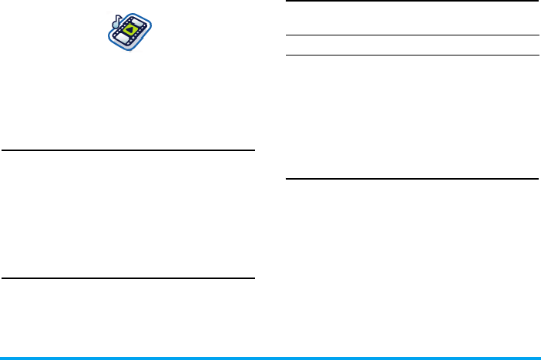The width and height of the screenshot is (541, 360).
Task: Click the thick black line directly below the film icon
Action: pyautogui.click(x=128, y=150)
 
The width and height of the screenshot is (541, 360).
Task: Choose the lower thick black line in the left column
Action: pyautogui.click(x=128, y=278)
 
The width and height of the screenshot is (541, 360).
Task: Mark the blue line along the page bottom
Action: pyautogui.click(x=270, y=358)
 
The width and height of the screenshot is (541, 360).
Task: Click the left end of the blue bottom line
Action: pyautogui.click(x=2, y=358)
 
